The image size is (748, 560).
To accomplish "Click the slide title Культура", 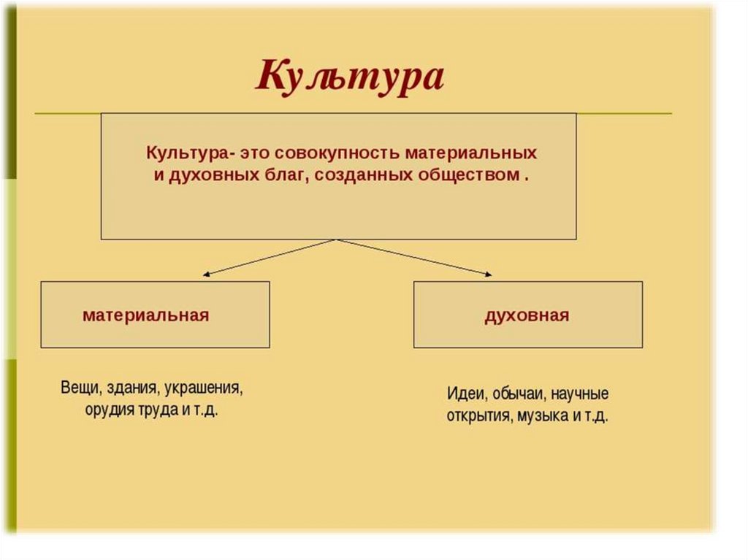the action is [x=349, y=75].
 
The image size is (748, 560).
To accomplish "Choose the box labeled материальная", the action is [x=155, y=315].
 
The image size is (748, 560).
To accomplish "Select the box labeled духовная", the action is [x=527, y=315].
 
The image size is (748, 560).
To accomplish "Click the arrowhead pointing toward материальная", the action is [x=207, y=275].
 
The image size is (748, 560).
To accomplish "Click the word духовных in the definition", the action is [x=205, y=176].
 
